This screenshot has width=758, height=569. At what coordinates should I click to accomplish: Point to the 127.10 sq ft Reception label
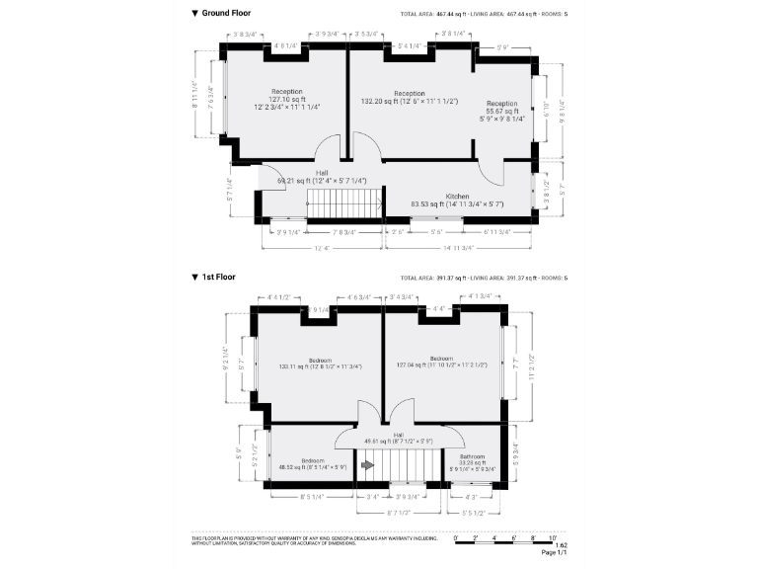click(x=286, y=98)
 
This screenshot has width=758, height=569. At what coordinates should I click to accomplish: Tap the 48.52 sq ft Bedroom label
click(x=314, y=463)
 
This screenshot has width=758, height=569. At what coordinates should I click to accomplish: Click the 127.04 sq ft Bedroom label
click(x=441, y=362)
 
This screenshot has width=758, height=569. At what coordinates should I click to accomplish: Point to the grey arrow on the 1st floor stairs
click(x=368, y=462)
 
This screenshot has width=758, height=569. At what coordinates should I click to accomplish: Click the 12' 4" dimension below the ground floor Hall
click(x=321, y=247)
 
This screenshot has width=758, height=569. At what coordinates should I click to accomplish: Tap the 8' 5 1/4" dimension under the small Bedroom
click(x=312, y=498)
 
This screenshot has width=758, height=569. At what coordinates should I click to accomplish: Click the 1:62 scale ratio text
click(x=561, y=545)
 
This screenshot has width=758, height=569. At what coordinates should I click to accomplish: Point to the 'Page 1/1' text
click(x=554, y=553)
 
